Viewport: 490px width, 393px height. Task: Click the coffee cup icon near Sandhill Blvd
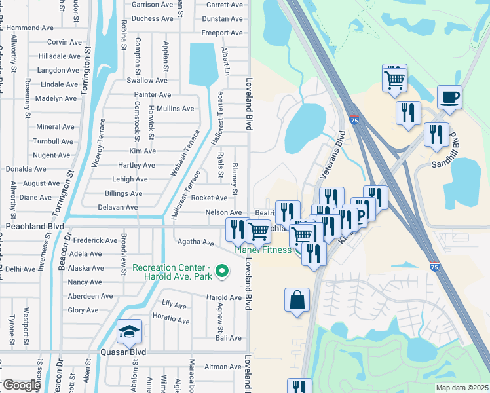pos(449,98)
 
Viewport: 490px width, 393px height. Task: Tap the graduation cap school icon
pos(129,332)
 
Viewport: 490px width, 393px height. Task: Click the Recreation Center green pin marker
pos(222,270)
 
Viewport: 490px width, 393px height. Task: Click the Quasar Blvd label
pos(122,352)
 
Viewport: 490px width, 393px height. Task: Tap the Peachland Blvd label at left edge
pos(35,226)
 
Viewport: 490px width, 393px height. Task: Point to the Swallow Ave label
pos(147,81)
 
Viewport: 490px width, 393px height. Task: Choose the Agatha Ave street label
pos(196,242)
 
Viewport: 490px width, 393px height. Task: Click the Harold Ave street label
pos(224,297)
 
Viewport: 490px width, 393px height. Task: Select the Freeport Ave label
pos(222,33)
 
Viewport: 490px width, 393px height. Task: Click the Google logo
pos(21,385)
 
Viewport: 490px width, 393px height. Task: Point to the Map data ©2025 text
pos(461,388)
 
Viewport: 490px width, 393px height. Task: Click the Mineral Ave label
pos(55,127)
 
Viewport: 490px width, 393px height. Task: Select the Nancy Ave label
pos(85,282)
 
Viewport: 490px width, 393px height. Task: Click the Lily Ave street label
pos(174,304)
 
